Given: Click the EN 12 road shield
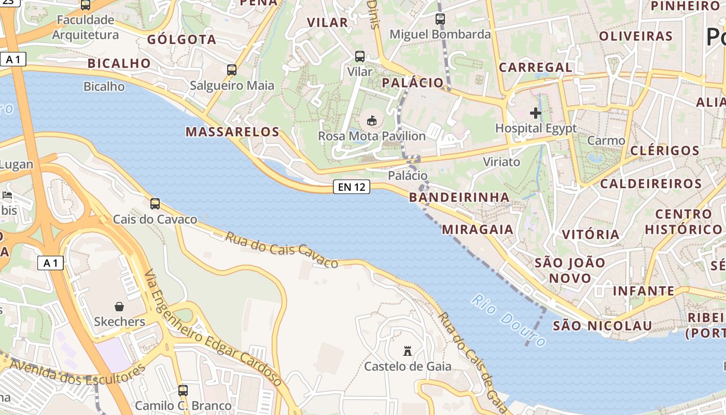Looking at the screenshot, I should pyautogui.click(x=352, y=187).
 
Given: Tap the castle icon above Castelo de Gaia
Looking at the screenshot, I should pyautogui.click(x=408, y=351).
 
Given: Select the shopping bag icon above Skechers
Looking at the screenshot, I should pyautogui.click(x=119, y=307).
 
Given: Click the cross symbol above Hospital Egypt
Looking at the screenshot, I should pyautogui.click(x=536, y=113).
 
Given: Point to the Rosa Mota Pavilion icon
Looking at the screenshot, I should pyautogui.click(x=371, y=121).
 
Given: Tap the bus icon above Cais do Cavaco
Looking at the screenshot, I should pyautogui.click(x=155, y=204).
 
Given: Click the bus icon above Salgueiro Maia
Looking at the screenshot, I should pyautogui.click(x=232, y=70).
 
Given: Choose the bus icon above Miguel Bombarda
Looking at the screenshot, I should pyautogui.click(x=440, y=19).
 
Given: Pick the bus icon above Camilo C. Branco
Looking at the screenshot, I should pyautogui.click(x=183, y=391).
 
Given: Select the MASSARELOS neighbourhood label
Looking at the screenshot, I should pyautogui.click(x=233, y=132).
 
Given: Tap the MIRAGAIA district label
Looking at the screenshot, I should pyautogui.click(x=478, y=229).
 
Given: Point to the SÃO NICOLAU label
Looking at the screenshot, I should pyautogui.click(x=602, y=326).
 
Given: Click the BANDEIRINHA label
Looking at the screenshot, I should pyautogui.click(x=459, y=197).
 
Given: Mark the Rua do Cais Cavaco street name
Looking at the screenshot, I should pyautogui.click(x=282, y=250).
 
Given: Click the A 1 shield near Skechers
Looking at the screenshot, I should pyautogui.click(x=51, y=264).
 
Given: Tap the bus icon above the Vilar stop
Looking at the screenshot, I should pyautogui.click(x=360, y=57).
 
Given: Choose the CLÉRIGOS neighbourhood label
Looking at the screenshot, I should pyautogui.click(x=665, y=151).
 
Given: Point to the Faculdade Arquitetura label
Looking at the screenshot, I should pyautogui.click(x=86, y=27).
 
